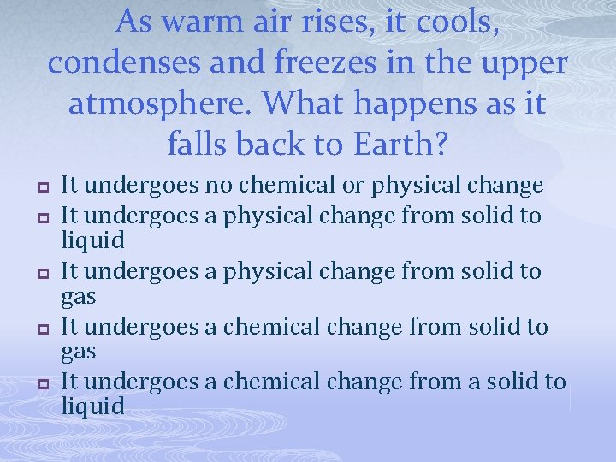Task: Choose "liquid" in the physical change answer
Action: click(92, 240)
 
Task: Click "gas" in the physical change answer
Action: click(78, 297)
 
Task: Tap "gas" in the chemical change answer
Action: click(78, 352)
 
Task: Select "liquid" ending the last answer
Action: click(92, 406)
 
